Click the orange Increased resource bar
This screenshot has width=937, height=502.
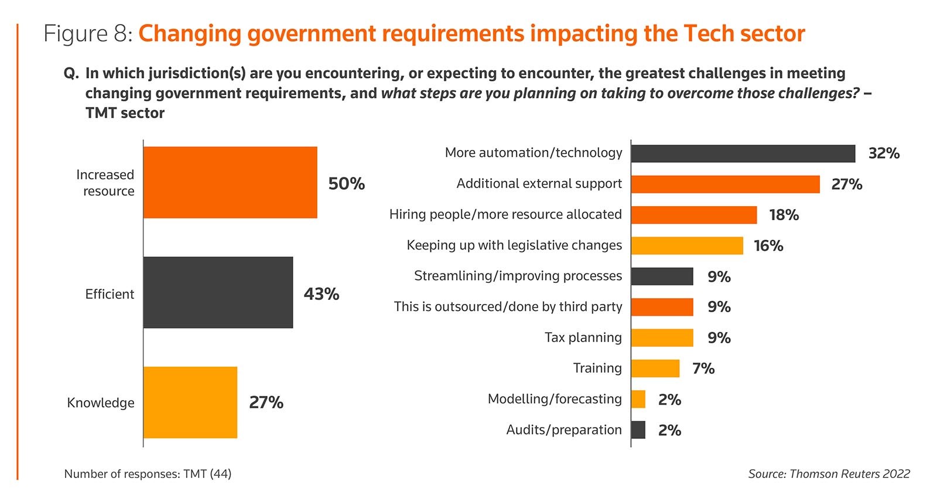coord(230,182)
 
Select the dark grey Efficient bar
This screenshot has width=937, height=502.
coord(218,292)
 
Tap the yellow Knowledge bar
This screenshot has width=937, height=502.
coord(190,402)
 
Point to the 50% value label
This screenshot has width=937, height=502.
coord(346,184)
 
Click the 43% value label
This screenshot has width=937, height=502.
coord(322,294)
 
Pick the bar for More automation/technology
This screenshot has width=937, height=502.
coord(743,153)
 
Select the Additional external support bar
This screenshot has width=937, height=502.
coord(725,185)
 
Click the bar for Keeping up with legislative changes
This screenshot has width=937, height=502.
coord(687,246)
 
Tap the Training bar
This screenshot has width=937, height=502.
coord(655,368)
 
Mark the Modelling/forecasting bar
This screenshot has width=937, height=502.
coord(638,399)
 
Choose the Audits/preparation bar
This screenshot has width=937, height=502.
coord(638,430)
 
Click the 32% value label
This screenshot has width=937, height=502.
coord(884,153)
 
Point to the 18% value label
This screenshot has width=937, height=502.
coord(784,215)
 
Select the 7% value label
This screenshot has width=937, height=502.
coord(703,368)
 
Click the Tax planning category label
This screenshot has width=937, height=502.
coord(583,337)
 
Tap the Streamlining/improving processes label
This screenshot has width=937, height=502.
coord(518,276)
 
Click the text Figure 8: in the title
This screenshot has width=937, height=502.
coord(88,34)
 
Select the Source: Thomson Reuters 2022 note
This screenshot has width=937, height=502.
coord(829,474)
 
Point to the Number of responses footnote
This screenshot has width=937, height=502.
coord(148,474)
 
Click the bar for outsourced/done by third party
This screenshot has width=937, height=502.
coord(662,307)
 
